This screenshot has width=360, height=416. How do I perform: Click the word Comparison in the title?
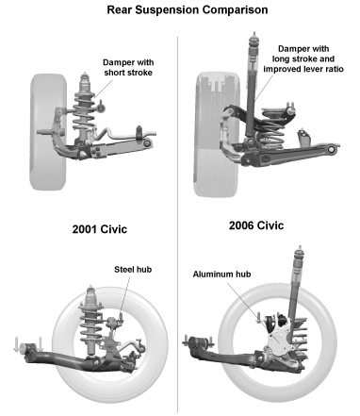pyautogui.click(x=235, y=9)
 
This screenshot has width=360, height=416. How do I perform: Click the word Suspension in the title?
pyautogui.click(x=167, y=9)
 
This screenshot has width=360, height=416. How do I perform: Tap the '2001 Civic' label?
pyautogui.click(x=100, y=229)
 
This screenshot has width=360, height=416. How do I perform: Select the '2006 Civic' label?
pyautogui.click(x=256, y=225)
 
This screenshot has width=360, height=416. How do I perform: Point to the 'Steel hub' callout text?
pyautogui.click(x=133, y=270)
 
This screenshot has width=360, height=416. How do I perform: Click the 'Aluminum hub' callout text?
pyautogui.click(x=221, y=275)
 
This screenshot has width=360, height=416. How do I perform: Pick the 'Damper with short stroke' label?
pyautogui.click(x=128, y=67)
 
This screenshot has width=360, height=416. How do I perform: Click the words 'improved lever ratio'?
pyautogui.click(x=303, y=69)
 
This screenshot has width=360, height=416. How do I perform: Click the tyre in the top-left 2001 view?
pyautogui.click(x=48, y=132)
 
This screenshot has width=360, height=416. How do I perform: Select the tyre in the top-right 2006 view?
pyautogui.click(x=217, y=135)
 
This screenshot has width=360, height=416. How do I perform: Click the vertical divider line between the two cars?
pyautogui.click(x=177, y=225)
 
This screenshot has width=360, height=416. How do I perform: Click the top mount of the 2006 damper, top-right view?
pyautogui.click(x=254, y=40)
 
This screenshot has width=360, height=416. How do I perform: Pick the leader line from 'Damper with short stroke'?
pyautogui.click(x=103, y=89)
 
